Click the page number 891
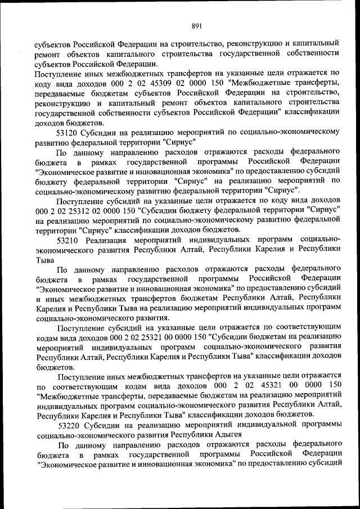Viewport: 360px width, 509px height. tap(196, 25)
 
